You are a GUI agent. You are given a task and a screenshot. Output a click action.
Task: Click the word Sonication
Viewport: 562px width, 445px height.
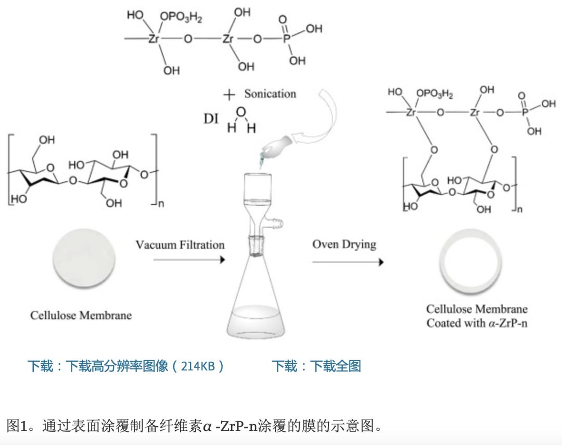point(270,94)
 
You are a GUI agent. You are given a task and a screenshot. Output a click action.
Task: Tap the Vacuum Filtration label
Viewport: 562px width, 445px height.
point(180,245)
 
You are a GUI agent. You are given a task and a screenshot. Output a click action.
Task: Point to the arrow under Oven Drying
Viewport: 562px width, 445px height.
point(347,262)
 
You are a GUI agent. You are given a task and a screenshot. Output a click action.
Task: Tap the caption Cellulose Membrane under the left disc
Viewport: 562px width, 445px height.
point(81,315)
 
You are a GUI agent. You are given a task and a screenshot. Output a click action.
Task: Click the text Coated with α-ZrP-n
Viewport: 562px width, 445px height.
point(477,323)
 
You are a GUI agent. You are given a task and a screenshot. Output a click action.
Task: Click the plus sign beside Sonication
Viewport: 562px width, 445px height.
point(229,95)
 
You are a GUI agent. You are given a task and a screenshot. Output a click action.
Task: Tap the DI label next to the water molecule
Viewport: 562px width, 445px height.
point(211,119)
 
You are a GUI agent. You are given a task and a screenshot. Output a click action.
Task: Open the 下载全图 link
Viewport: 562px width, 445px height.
point(335,366)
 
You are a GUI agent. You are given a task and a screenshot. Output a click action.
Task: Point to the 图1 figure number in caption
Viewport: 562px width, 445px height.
point(19,426)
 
